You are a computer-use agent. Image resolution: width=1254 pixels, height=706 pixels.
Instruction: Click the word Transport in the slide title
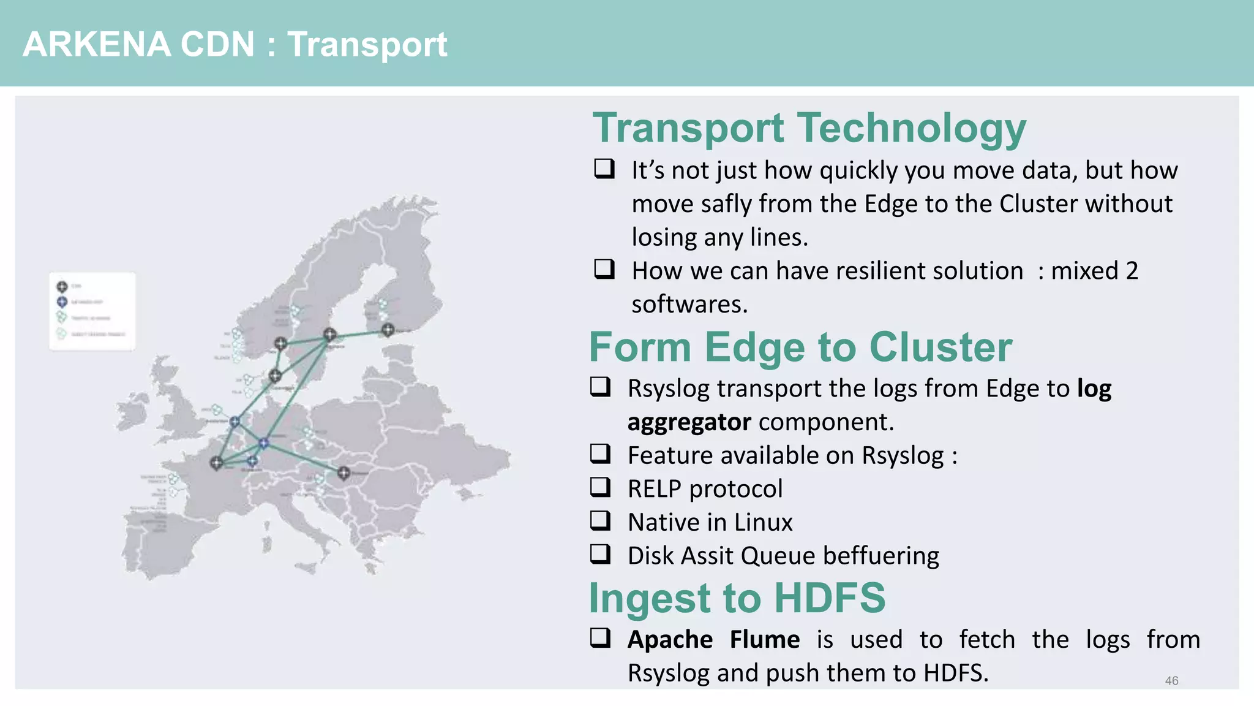coord(367,45)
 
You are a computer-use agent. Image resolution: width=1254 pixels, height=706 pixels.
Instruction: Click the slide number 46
coord(1171,680)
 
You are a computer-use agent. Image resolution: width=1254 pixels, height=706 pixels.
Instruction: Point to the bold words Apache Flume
coord(713,639)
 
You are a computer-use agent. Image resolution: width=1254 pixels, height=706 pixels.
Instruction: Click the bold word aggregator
coord(689,422)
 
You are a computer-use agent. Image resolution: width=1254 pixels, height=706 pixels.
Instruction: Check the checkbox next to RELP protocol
coord(600,487)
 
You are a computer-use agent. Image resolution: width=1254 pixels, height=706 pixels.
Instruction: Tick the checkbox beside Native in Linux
coord(600,520)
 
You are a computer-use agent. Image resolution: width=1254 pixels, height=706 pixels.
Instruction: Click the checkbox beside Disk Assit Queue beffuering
coord(600,553)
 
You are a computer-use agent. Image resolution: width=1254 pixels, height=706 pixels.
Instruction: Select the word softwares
coord(689,305)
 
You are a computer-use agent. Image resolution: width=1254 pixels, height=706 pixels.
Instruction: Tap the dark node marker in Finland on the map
coord(388,330)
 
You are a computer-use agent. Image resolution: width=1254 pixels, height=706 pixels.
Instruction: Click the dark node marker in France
coord(216,463)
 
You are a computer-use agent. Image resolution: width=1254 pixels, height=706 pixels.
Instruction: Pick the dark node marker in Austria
coord(344,473)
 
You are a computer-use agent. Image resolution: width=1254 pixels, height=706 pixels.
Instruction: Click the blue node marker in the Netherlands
coord(235,422)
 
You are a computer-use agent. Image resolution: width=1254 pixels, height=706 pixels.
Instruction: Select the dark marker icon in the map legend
coord(62,286)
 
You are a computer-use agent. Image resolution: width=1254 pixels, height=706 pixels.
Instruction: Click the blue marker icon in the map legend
coord(62,302)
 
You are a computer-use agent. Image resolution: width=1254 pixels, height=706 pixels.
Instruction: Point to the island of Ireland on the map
coord(133,408)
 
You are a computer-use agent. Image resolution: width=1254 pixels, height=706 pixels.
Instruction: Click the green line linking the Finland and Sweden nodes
coord(359,332)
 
